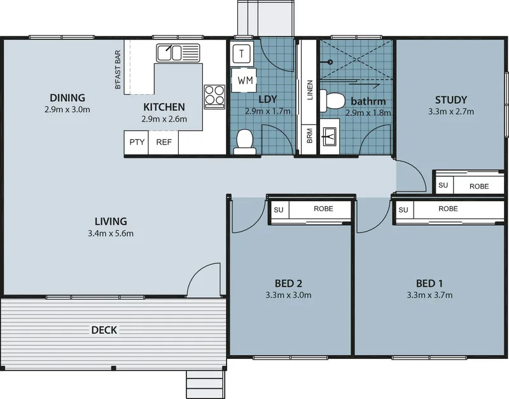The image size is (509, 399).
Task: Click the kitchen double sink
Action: coord(178,53)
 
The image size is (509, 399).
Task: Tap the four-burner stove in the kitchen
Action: coord(214,97)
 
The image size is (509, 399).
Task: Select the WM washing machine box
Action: coord(244,80)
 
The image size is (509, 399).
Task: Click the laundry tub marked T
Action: coord(242,53)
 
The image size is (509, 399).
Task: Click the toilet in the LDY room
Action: coord(245,142)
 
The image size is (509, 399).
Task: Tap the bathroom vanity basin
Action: coord(330,136)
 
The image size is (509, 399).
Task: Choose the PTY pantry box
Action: coord(137,143)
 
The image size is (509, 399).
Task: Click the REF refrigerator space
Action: coord(164,143)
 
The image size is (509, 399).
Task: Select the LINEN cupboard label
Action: coord(310,90)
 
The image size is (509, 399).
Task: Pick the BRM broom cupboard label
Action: coord(309,136)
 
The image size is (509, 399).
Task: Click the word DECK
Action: coord(104,330)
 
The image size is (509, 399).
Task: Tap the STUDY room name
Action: coord(451,100)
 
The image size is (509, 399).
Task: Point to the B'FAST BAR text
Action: coord(118,69)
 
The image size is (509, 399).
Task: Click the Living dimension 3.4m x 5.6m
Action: coord(111,234)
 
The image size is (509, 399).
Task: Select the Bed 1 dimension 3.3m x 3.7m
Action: coord(430,295)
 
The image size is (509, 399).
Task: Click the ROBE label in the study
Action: coord(479,186)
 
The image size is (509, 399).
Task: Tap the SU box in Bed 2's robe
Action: coord(279,210)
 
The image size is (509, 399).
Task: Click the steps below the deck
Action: coord(206,384)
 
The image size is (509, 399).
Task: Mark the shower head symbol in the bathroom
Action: coord(329,62)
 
